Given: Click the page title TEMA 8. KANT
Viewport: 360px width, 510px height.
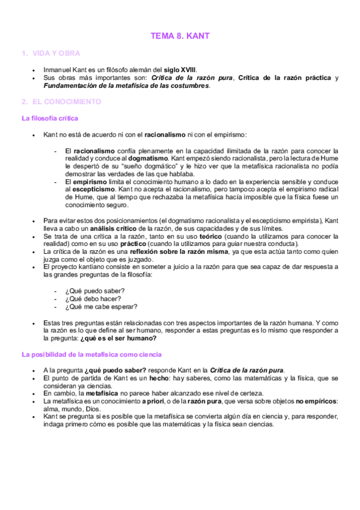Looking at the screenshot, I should point(180,37).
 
